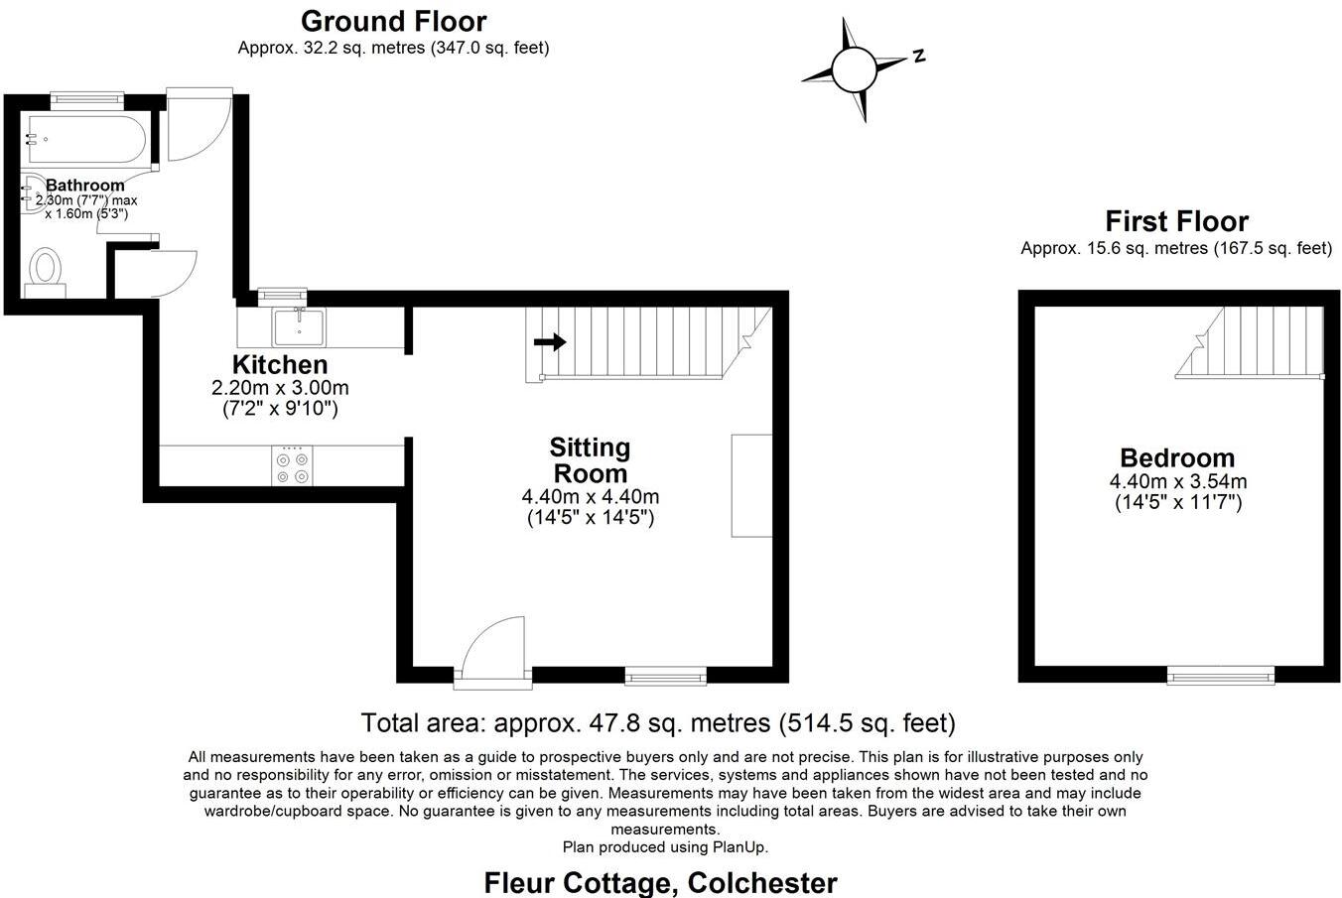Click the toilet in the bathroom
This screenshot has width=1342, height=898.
[45, 270]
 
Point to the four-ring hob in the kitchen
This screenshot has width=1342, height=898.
[292, 466]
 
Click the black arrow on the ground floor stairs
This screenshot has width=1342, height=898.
[550, 342]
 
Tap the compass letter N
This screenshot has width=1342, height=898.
[919, 56]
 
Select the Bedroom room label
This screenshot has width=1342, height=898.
[1177, 458]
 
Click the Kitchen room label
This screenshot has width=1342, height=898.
[280, 364]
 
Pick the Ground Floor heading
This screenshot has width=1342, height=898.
[393, 21]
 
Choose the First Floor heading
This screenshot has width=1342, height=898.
[1176, 221]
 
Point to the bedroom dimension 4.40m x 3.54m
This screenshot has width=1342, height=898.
[1177, 482]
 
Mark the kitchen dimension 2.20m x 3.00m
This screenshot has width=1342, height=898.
[280, 387]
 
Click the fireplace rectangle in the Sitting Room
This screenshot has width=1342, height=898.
[751, 485]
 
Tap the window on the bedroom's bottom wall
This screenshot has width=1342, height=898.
[1221, 677]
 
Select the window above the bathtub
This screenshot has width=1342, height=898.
[86, 97]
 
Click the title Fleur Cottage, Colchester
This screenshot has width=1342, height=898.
[660, 882]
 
